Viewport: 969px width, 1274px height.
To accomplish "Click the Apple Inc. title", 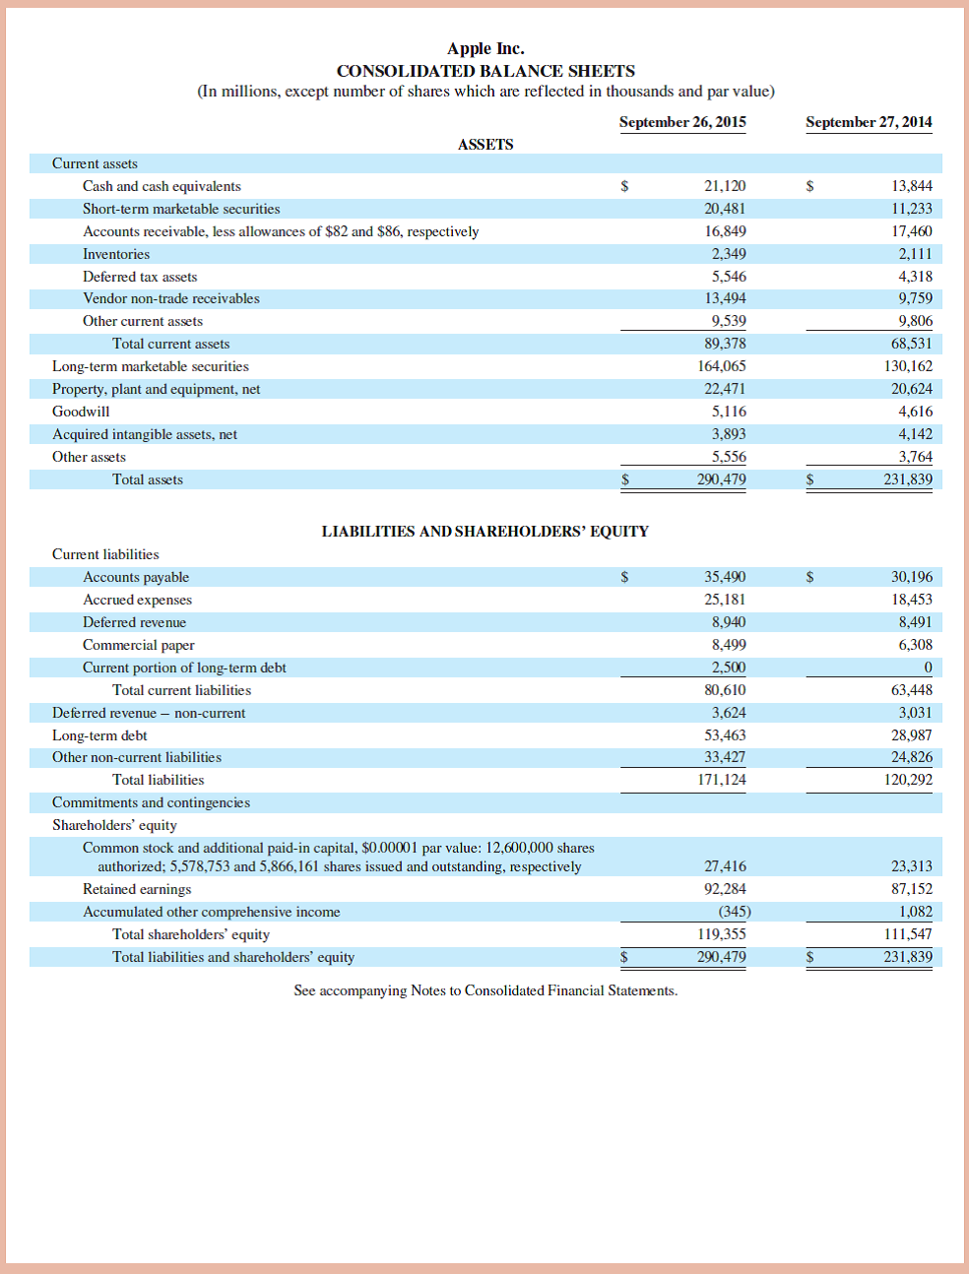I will [485, 48].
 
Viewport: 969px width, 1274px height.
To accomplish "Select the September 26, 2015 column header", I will [682, 122].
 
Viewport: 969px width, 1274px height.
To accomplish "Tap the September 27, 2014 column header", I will [869, 122].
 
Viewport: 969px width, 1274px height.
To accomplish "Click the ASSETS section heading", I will [485, 145].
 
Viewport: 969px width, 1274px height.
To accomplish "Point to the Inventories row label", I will [116, 254].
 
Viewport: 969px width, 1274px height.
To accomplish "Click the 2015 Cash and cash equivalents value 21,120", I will [725, 186].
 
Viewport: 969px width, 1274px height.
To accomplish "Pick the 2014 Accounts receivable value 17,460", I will [912, 231].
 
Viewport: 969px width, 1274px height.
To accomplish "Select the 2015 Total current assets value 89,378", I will [725, 344].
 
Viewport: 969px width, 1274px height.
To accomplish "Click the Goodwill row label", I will [81, 412].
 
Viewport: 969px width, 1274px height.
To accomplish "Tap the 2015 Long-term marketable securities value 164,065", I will [722, 366].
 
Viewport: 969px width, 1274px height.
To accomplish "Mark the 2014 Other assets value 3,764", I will [915, 457].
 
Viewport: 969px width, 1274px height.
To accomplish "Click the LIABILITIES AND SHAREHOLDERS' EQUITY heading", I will [485, 532].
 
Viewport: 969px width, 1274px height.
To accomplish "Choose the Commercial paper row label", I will [139, 645].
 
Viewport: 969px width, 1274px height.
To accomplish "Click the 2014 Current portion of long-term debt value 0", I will [928, 668].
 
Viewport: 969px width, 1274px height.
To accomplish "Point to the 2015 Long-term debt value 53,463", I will [725, 735].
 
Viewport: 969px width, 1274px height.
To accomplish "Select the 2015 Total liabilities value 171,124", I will [722, 780].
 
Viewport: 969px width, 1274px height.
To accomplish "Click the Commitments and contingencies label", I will [151, 802].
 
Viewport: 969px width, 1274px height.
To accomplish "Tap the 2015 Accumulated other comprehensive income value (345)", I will [735, 912].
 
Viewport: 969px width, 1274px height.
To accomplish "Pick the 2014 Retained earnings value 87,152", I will [912, 889].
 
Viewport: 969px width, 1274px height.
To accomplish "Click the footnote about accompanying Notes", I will [485, 990].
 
